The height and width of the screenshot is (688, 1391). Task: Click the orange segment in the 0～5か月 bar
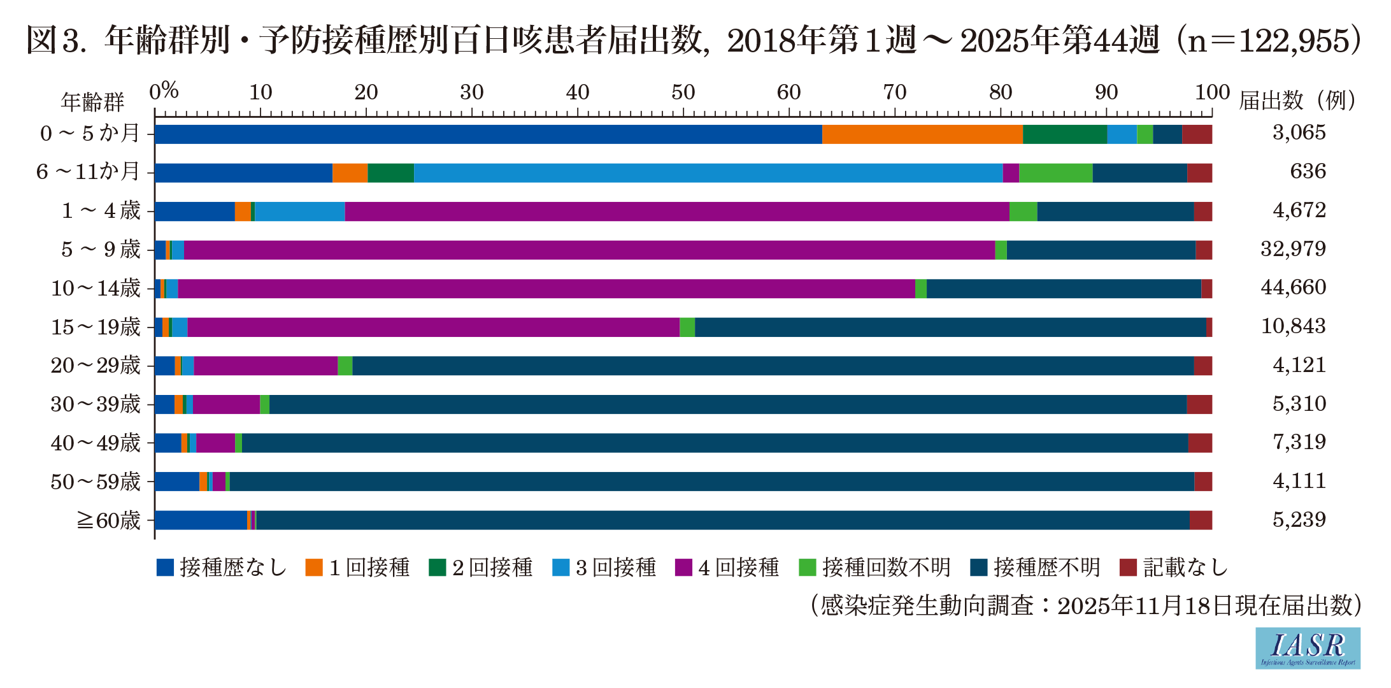point(922,134)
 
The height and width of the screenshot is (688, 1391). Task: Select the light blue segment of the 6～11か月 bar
point(708,173)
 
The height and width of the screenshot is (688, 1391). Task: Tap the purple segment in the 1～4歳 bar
point(677,211)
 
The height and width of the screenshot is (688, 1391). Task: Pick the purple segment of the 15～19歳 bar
point(433,327)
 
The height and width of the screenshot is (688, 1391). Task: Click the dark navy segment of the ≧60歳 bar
point(722,520)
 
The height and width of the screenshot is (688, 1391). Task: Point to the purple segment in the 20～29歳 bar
point(266,366)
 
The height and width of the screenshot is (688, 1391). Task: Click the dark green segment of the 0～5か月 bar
point(1065,134)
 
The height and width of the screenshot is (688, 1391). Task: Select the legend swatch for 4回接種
point(683,567)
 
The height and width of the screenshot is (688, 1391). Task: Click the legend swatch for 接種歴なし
point(165,567)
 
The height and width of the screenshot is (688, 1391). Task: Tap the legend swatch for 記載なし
point(1128,567)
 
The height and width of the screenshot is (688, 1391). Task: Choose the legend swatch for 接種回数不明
point(808,567)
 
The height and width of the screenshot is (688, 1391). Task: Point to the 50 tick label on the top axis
point(683,93)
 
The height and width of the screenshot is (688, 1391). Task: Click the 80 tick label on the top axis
point(1000,93)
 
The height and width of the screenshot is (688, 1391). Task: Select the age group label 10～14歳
point(96,288)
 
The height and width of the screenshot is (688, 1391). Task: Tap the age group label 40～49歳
point(96,443)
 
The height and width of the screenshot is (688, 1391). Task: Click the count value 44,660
point(1293,288)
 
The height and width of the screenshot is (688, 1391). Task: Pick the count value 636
point(1308,171)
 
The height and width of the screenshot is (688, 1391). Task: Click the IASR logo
point(1308,648)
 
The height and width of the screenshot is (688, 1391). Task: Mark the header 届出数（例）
point(1298,101)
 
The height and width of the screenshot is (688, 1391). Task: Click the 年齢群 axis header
point(93,101)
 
